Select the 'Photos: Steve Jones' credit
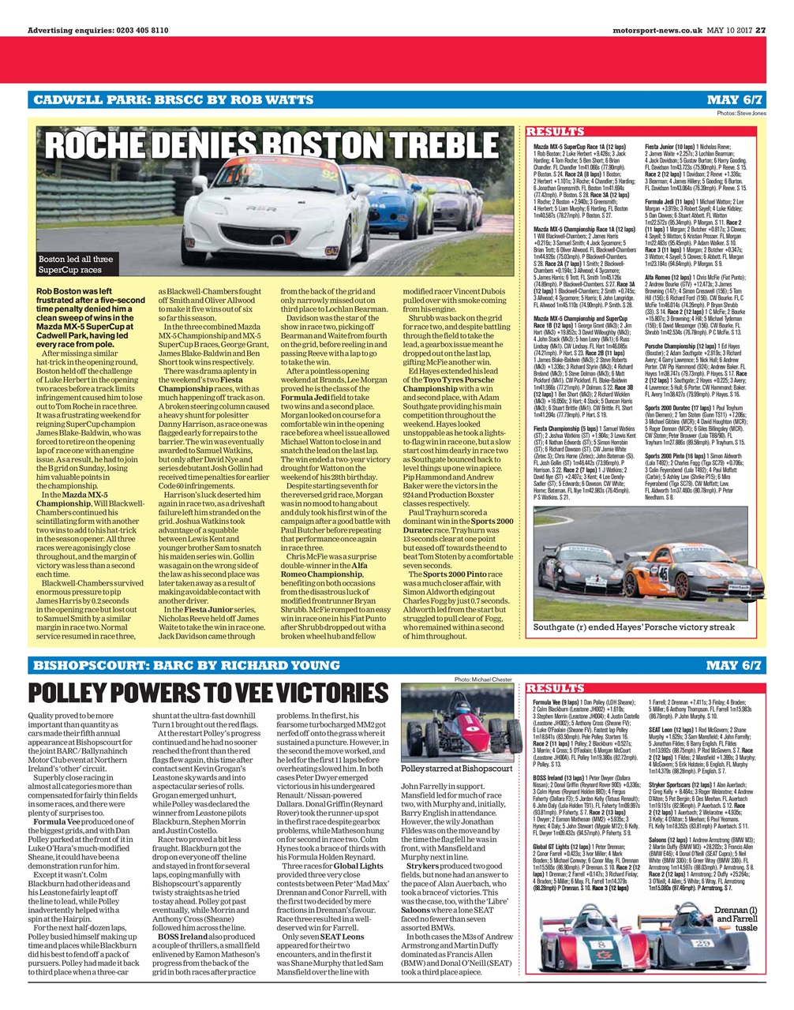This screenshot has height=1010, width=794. click(x=741, y=114)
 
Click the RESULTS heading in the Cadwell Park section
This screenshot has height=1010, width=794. click(x=555, y=132)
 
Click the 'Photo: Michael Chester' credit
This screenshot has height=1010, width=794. click(x=484, y=679)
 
